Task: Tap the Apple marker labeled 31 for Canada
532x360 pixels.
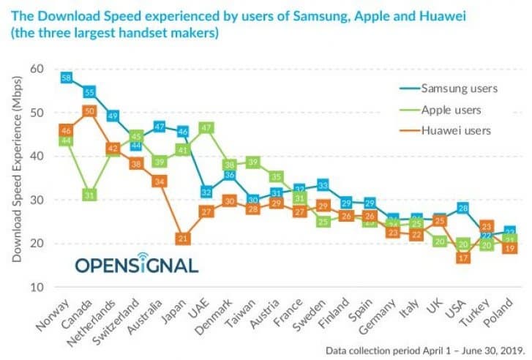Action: [x=89, y=195]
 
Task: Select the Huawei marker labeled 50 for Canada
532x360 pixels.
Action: [x=89, y=111]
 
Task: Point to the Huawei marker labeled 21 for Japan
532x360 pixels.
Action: [x=183, y=239]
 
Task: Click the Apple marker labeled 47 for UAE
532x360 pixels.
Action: [x=206, y=127]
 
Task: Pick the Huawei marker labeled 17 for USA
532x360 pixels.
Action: [x=462, y=257]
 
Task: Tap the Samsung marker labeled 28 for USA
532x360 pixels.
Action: [x=462, y=209]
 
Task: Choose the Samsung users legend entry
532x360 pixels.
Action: [x=459, y=89]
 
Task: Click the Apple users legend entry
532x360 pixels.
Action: [x=454, y=110]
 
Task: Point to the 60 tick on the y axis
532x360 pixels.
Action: [x=37, y=70]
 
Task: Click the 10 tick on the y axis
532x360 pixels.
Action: [x=37, y=287]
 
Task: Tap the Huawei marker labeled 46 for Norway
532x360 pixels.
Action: [x=66, y=130]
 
